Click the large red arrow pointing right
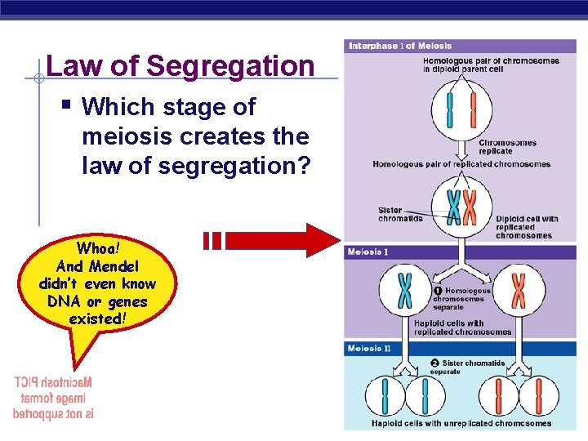[x=281, y=240]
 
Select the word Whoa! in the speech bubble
[x=98, y=247]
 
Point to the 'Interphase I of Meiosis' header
[x=400, y=46]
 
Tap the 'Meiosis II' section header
[x=370, y=349]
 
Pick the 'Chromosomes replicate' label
[x=507, y=147]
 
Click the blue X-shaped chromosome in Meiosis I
[x=405, y=292]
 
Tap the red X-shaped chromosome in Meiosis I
[x=518, y=291]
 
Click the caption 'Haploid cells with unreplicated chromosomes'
[x=461, y=423]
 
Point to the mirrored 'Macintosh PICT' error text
[x=53, y=398]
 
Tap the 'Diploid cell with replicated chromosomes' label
[x=527, y=227]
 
